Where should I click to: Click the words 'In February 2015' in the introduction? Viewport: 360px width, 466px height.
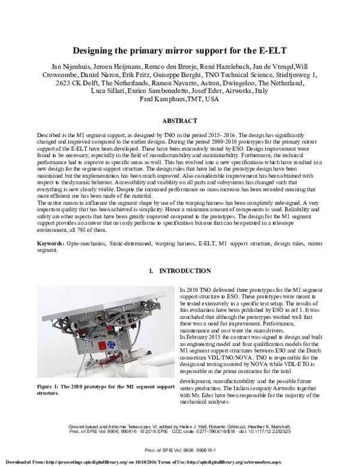tap(200, 337)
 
